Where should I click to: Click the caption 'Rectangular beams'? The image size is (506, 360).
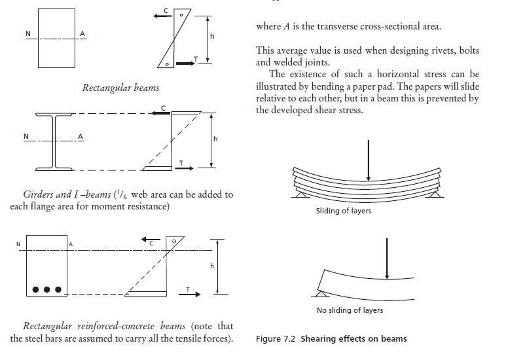click(x=120, y=88)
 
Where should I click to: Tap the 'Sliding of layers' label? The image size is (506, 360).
click(x=344, y=211)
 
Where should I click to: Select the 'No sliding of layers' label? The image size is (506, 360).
click(x=350, y=310)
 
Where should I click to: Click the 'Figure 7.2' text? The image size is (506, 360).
click(x=276, y=338)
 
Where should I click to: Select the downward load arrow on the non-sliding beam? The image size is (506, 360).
click(x=388, y=259)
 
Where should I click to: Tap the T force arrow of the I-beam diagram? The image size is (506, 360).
click(x=185, y=168)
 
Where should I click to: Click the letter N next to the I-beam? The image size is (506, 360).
click(x=26, y=136)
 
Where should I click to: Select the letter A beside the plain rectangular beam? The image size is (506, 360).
click(x=82, y=33)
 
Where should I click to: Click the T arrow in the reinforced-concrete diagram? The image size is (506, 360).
click(x=190, y=295)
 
